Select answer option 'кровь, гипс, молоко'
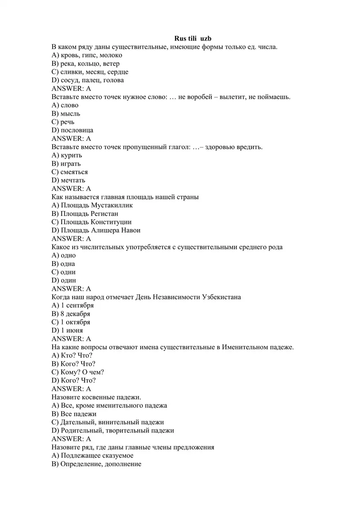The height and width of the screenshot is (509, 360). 87,55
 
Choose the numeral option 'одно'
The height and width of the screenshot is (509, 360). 68,255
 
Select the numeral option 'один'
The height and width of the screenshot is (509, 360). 68,280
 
